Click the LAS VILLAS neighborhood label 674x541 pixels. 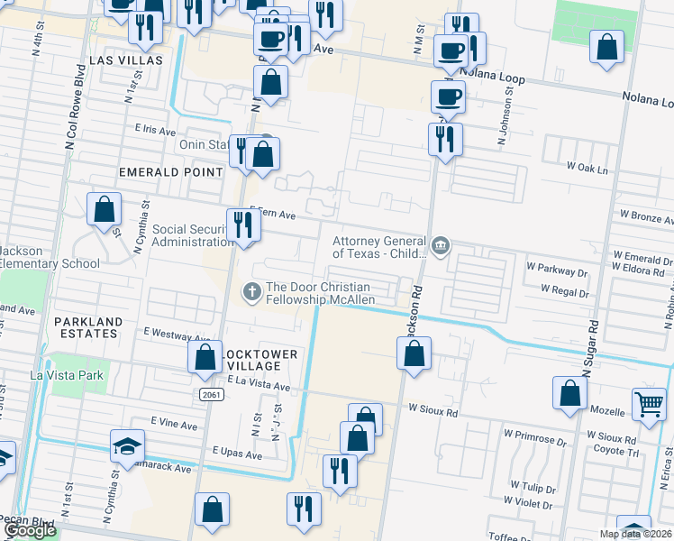click(x=126, y=60)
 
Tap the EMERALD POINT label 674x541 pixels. click(x=170, y=171)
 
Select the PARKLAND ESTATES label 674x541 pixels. click(x=86, y=327)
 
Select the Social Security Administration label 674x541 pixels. click(x=192, y=235)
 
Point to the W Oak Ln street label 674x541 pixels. click(x=587, y=168)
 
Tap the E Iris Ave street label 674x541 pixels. click(x=156, y=130)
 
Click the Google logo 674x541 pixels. click(x=29, y=531)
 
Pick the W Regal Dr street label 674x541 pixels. click(x=564, y=289)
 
